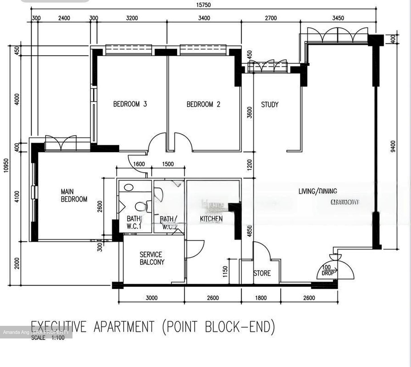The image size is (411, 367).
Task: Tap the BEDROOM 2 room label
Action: (x=203, y=104)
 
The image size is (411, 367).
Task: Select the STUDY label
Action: (x=269, y=105)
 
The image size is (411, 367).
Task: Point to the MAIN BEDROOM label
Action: (x=74, y=195)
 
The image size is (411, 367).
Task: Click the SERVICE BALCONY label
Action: (x=152, y=258)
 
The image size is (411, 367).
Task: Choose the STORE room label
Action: (x=262, y=273)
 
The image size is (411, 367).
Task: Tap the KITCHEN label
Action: (x=211, y=219)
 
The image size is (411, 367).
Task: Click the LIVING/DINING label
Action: (x=318, y=191)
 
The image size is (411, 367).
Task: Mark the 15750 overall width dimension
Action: (x=203, y=5)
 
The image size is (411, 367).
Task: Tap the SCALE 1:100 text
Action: (x=48, y=338)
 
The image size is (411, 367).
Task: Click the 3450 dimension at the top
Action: (x=338, y=18)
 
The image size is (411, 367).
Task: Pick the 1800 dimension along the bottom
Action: (x=261, y=298)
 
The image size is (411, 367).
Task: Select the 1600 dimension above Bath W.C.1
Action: (x=139, y=164)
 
